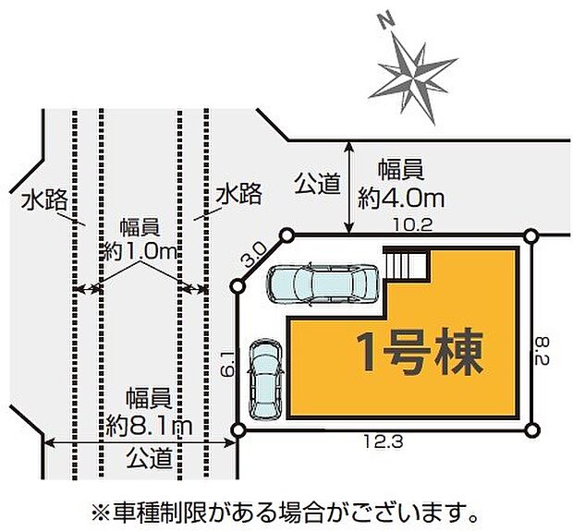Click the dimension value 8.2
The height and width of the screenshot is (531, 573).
pos(544,350)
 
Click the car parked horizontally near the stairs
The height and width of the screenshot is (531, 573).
pos(322,284)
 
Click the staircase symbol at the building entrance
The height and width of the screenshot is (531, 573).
pos(407,265)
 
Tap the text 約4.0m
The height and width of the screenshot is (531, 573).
pos(400,197)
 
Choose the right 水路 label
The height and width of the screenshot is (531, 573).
pos(238,193)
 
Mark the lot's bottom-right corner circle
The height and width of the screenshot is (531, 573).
pos(531,429)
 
